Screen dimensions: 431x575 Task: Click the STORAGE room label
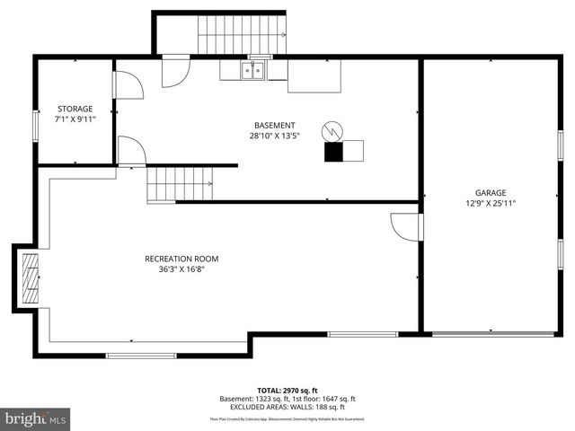point(75,108)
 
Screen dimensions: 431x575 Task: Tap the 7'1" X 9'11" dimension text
point(75,118)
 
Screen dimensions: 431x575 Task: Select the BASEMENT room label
point(274,126)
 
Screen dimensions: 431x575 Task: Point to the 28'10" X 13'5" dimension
point(274,136)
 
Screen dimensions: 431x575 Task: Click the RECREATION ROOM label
point(181,259)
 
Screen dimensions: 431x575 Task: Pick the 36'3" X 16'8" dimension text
point(181,268)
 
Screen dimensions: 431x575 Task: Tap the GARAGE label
point(491,192)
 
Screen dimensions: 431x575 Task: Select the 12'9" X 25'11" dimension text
point(491,203)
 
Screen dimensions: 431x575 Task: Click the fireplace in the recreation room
point(31,278)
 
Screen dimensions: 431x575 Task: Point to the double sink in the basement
point(251,70)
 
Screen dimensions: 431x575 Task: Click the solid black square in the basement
point(334,152)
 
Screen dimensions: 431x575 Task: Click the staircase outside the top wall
point(241,35)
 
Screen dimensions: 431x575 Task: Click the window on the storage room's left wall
point(35,125)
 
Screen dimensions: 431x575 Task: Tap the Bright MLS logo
point(36,418)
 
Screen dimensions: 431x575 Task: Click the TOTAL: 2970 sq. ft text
point(287,390)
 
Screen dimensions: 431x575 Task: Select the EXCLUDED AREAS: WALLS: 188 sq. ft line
point(287,408)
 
